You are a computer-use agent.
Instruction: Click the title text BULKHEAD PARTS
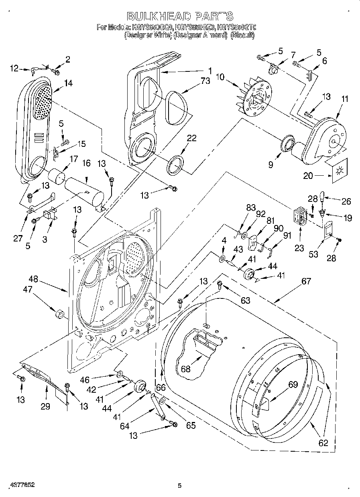[x=180, y=16]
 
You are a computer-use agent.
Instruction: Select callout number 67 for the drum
[x=306, y=281]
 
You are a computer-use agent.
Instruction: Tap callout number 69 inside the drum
[x=293, y=385]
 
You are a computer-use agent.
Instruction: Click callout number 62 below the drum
[x=323, y=443]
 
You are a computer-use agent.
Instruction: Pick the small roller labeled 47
[x=60, y=313]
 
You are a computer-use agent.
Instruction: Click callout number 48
[x=34, y=279]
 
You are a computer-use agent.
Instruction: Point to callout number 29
[x=45, y=406]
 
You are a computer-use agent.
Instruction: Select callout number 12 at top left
[x=14, y=69]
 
